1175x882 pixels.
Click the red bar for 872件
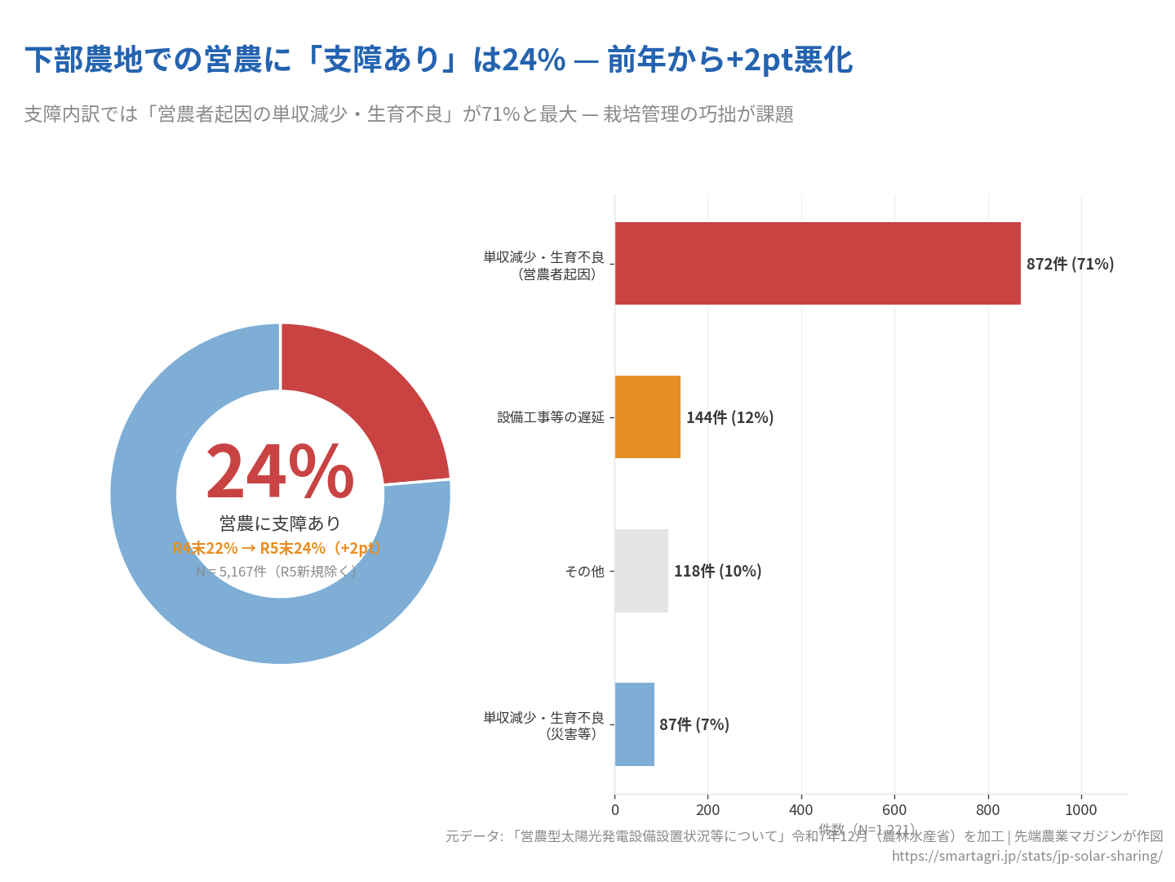tap(817, 263)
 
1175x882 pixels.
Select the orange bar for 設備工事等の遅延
tap(647, 416)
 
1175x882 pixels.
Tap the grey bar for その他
tap(641, 570)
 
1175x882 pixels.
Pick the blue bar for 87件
tap(634, 724)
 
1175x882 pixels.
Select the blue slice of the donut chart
tap(204, 588)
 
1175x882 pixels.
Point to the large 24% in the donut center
tap(279, 472)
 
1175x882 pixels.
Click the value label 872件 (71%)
tap(1070, 264)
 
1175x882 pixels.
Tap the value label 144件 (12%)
tap(729, 417)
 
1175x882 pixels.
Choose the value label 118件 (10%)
tap(717, 571)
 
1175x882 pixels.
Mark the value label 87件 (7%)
tap(694, 724)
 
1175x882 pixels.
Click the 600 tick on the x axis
tap(894, 809)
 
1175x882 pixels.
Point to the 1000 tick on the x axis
tap(1081, 809)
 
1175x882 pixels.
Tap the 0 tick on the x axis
tap(615, 809)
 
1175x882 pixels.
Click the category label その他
tap(584, 571)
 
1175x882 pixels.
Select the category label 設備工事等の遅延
tap(551, 417)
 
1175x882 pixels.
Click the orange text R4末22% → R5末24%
tap(277, 548)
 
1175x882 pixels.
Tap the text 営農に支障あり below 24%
tap(280, 523)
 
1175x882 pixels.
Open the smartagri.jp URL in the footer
tap(1026, 856)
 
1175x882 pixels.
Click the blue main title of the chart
tap(438, 60)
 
